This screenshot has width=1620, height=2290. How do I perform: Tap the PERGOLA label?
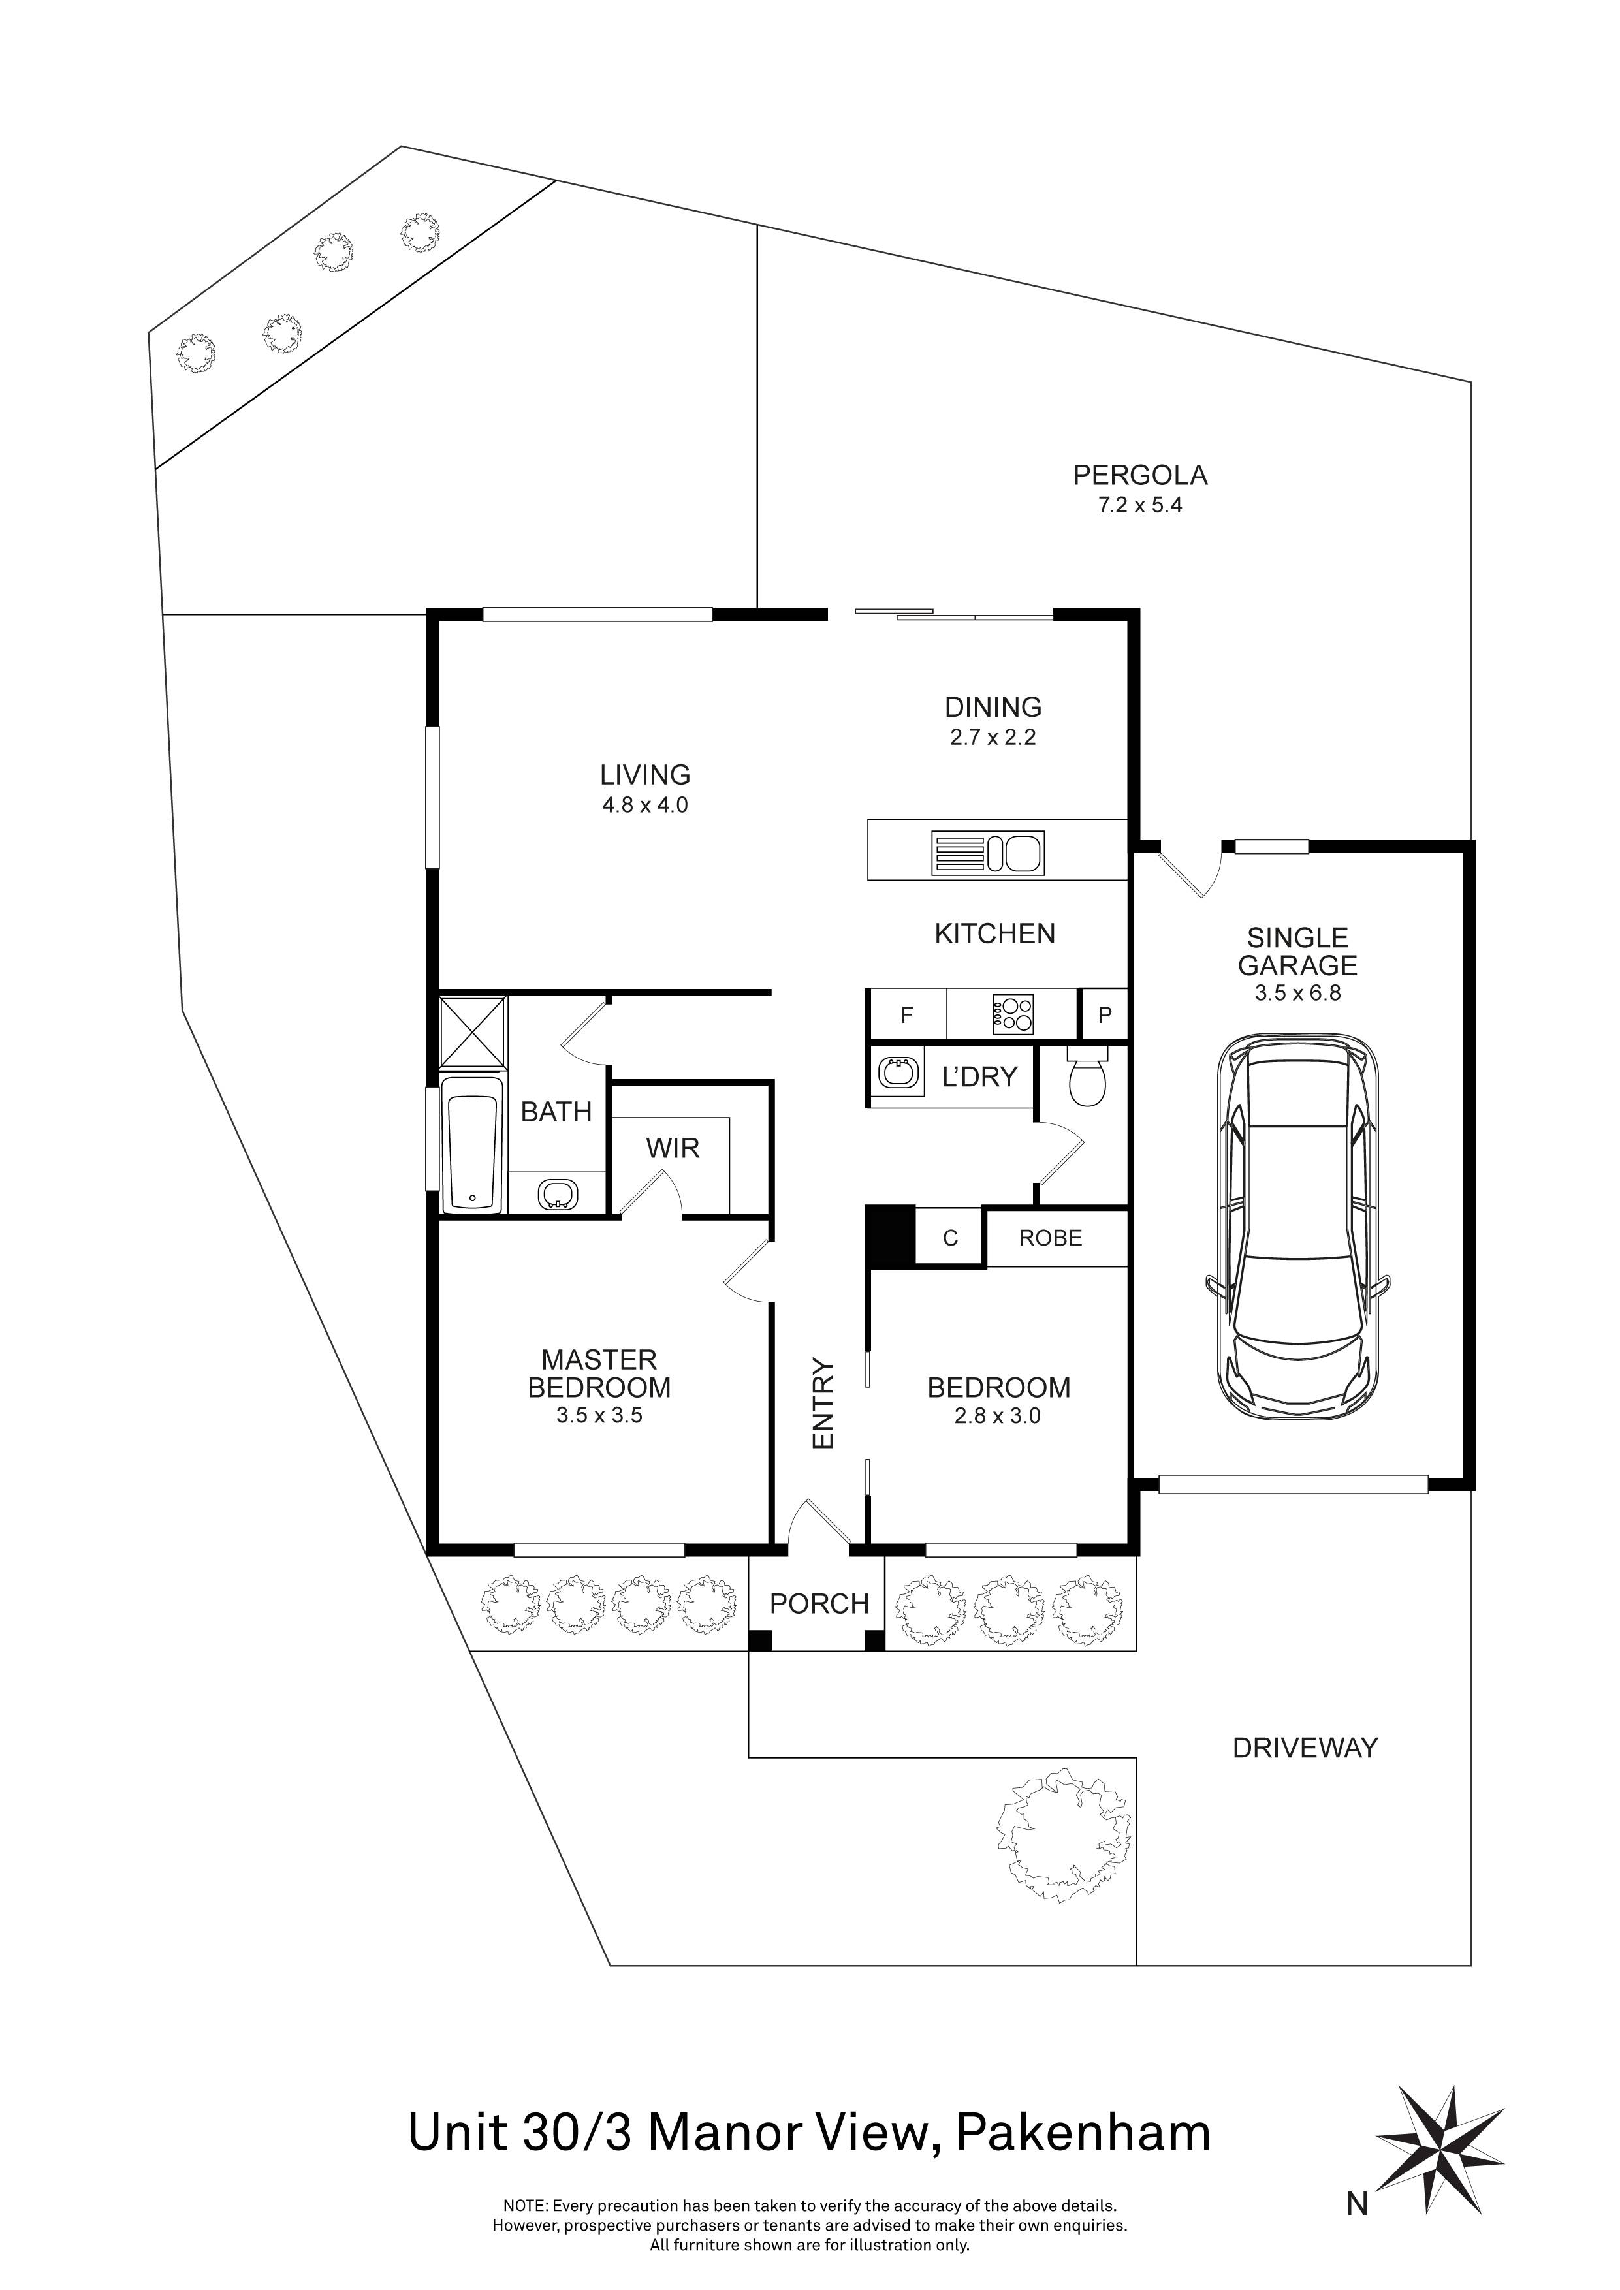1139,476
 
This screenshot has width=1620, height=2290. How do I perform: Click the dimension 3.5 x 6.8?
1298,994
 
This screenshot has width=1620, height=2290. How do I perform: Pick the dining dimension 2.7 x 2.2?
993,738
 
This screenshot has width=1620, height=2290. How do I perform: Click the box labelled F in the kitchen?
907,1016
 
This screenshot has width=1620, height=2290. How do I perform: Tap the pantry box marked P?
1104,1016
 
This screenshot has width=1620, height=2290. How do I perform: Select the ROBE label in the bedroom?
1051,1239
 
